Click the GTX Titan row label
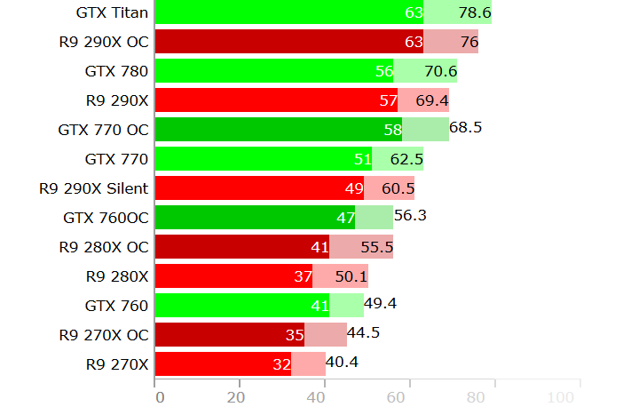(113, 12)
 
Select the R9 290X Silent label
(94, 188)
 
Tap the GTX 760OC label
(106, 217)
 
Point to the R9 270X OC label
(104, 334)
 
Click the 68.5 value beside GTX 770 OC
(466, 128)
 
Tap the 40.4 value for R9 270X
(343, 363)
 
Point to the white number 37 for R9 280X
(303, 276)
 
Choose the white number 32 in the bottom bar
(282, 363)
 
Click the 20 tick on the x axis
(236, 397)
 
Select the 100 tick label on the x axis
(562, 397)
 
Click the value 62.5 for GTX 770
(406, 159)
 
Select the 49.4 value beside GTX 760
(380, 304)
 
